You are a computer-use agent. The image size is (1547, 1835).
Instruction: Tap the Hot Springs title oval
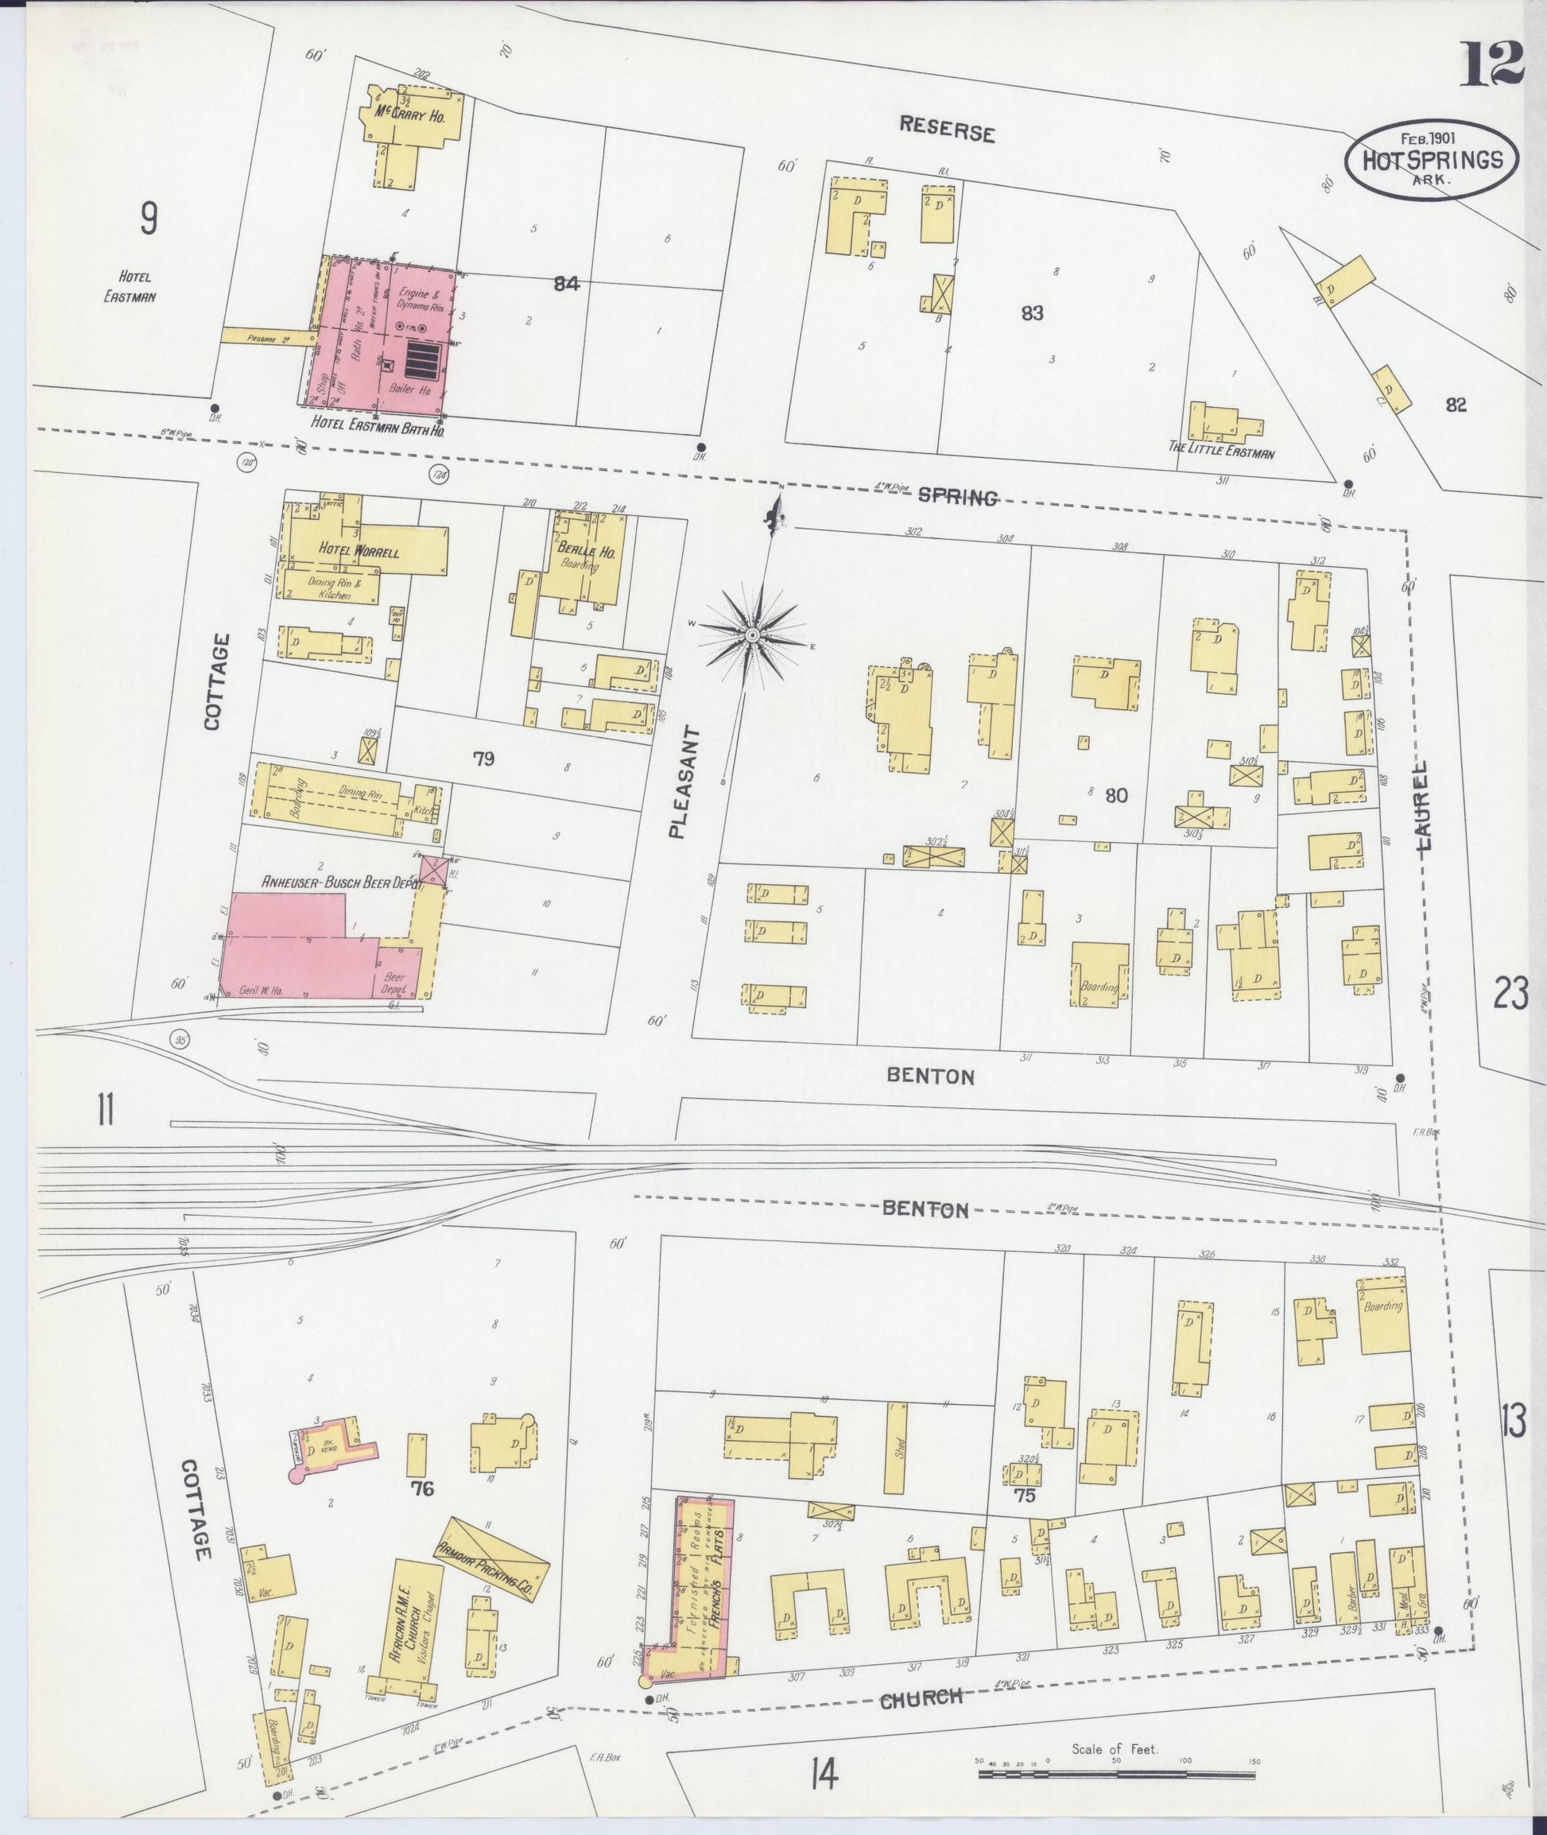(1431, 161)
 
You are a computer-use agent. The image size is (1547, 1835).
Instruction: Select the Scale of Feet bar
(1116, 1774)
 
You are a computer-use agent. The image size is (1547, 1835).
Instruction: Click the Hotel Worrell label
(359, 552)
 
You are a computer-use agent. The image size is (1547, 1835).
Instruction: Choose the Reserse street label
(947, 130)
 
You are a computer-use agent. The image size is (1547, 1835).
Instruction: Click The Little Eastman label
(1222, 453)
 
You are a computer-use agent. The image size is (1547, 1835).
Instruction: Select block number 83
(1032, 313)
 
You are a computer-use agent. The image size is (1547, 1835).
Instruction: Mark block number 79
(484, 758)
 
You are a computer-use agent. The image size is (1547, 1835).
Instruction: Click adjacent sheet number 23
(1511, 995)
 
